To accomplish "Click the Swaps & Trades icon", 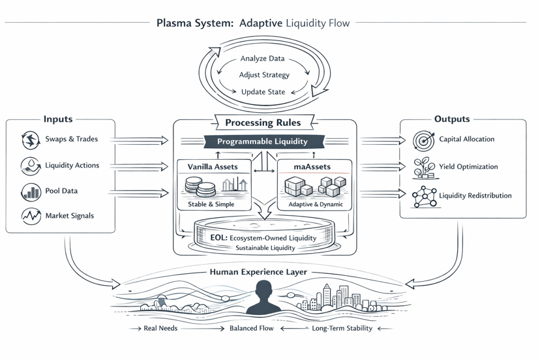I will pos(31,140).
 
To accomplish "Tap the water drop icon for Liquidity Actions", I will pos(31,166).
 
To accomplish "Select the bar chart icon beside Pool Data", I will pos(31,192).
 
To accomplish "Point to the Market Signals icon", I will pos(31,216).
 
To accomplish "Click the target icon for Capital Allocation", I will pos(424,140).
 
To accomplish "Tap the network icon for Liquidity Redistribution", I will pos(424,196).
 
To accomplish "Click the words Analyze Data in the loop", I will pos(263,59).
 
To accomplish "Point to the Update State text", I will pos(263,92).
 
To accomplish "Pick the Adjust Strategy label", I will pos(264,76).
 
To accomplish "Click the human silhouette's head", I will pos(264,288).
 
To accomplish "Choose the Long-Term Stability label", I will pos(342,329).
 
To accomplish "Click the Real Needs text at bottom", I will pos(160,329).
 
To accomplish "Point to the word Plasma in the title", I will pos(175,23).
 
